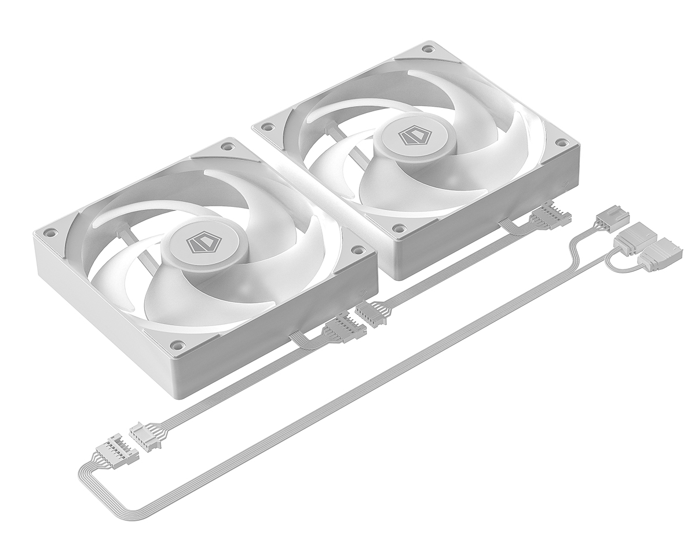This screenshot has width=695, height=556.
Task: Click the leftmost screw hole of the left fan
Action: point(50,233)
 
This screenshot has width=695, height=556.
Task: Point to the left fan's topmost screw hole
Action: point(224,148)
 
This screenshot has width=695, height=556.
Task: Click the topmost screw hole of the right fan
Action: point(427,49)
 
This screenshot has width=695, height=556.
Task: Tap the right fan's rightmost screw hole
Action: point(560,142)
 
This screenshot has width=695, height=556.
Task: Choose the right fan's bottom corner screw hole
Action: point(398,228)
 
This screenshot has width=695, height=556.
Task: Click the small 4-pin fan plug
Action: point(612,221)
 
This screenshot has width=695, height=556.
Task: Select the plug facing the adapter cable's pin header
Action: point(145,435)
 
